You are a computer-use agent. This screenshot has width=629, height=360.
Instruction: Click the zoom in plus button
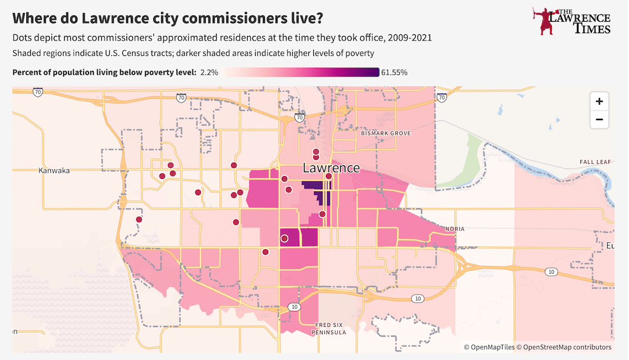[x=599, y=102]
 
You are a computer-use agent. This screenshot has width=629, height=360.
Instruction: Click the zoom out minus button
[x=599, y=119]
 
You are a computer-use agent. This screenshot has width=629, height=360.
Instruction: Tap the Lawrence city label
[x=331, y=168]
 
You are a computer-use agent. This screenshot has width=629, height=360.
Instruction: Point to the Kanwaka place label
[x=54, y=170]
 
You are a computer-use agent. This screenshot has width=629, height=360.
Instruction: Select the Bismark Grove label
[x=386, y=133]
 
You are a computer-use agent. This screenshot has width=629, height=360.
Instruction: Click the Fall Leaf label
[x=595, y=162]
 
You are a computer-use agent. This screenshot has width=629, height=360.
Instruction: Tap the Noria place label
[x=455, y=229]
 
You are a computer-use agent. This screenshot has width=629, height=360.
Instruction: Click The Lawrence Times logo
[x=571, y=21]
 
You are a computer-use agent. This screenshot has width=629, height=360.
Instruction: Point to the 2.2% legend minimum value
[x=209, y=72]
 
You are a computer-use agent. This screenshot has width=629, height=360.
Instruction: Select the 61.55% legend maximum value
[x=394, y=72]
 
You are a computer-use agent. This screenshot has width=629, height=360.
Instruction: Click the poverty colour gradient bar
[x=301, y=72]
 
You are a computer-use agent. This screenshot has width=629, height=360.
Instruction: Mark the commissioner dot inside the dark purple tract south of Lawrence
[x=284, y=239]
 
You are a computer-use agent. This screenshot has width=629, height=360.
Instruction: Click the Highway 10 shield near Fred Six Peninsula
[x=294, y=307]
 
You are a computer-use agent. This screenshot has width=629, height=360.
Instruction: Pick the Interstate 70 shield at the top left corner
[x=38, y=91]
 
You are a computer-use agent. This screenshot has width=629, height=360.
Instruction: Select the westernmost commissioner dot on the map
[x=138, y=219]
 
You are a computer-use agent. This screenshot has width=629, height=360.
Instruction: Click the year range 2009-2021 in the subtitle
[x=409, y=38]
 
